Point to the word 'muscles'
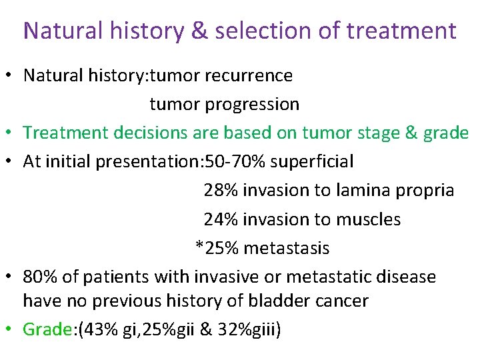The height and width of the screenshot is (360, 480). point(367,219)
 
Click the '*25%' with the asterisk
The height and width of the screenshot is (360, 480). point(217,247)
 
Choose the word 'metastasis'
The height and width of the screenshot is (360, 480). point(287,247)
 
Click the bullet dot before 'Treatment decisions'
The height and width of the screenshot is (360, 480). point(10,133)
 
